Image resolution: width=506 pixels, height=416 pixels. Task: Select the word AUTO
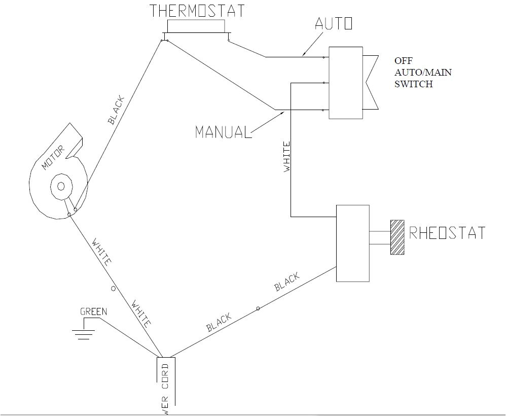333,23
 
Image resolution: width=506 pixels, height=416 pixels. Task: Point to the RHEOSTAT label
447,233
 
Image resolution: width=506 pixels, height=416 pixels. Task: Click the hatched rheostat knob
396,237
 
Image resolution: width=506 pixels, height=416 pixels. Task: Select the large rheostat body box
353,243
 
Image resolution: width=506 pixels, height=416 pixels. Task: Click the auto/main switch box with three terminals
346,83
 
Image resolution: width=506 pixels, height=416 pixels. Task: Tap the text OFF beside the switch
404,60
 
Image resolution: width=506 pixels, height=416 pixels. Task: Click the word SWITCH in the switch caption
414,84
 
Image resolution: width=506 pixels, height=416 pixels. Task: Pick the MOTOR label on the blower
53,157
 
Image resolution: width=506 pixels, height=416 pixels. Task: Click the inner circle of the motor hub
61,186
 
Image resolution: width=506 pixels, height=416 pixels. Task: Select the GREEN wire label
94,311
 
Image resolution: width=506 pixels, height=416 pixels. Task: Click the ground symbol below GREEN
83,333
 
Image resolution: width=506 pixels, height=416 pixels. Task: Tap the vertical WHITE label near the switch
287,157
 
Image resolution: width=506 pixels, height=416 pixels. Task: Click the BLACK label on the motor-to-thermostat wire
116,110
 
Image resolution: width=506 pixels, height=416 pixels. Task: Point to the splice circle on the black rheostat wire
258,308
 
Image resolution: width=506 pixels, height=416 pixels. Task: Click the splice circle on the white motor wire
113,289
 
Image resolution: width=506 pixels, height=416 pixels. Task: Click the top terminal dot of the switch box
324,57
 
